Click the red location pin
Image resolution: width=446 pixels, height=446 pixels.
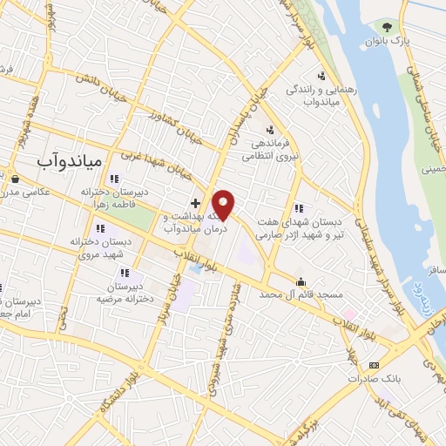coord(224,205)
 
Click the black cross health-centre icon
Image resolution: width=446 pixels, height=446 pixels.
coord(195,202)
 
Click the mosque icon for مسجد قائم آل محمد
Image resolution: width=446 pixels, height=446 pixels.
coord(301,281)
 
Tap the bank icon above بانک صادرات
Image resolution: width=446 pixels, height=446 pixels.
coord(374,365)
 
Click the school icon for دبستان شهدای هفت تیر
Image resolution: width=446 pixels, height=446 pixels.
coord(298,208)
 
